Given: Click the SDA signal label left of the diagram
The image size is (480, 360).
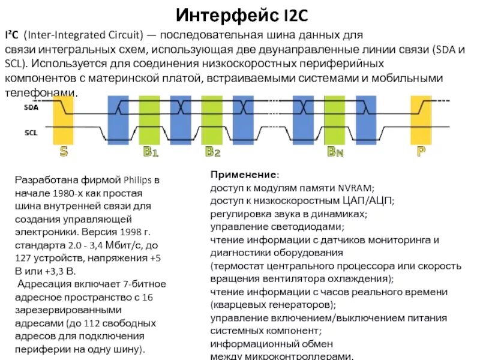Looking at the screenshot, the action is (x=31, y=108).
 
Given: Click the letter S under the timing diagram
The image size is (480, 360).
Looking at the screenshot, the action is (x=63, y=152).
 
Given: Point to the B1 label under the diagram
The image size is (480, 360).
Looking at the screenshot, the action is (x=151, y=152).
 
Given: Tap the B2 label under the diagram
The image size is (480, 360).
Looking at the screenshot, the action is (x=213, y=152).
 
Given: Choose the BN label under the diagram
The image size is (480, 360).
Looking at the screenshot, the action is (x=335, y=152).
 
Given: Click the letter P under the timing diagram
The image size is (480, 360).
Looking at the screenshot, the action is (x=421, y=152).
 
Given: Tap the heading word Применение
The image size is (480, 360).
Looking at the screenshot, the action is (x=244, y=175).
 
